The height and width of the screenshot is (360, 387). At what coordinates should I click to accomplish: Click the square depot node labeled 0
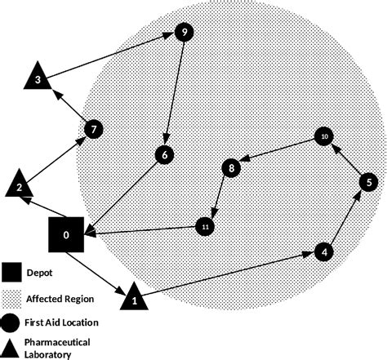click(67, 235)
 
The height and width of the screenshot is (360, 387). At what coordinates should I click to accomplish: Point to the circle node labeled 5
click(367, 181)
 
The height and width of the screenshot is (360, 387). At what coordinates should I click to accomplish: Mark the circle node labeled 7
click(95, 129)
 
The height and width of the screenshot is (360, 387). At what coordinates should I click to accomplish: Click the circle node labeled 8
click(232, 168)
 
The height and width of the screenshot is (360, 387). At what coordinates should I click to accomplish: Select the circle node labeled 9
click(185, 33)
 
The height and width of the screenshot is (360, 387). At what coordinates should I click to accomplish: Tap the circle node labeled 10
click(324, 136)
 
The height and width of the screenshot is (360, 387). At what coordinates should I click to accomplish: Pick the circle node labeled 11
click(206, 226)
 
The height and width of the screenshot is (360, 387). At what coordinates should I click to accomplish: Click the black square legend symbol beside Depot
click(11, 272)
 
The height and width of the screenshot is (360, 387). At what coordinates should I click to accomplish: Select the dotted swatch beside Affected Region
click(11, 298)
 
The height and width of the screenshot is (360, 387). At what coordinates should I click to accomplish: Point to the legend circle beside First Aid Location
click(11, 322)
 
